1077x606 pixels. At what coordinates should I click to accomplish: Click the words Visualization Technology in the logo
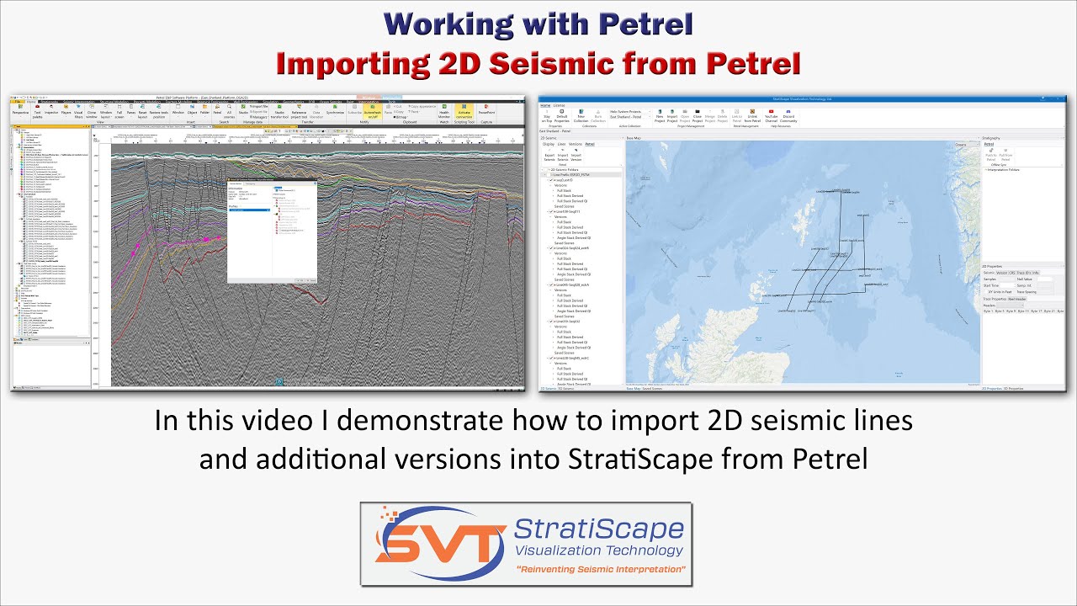point(598,550)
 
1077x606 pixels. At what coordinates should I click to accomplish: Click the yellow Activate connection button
point(464,112)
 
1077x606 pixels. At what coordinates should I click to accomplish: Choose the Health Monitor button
point(444,114)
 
